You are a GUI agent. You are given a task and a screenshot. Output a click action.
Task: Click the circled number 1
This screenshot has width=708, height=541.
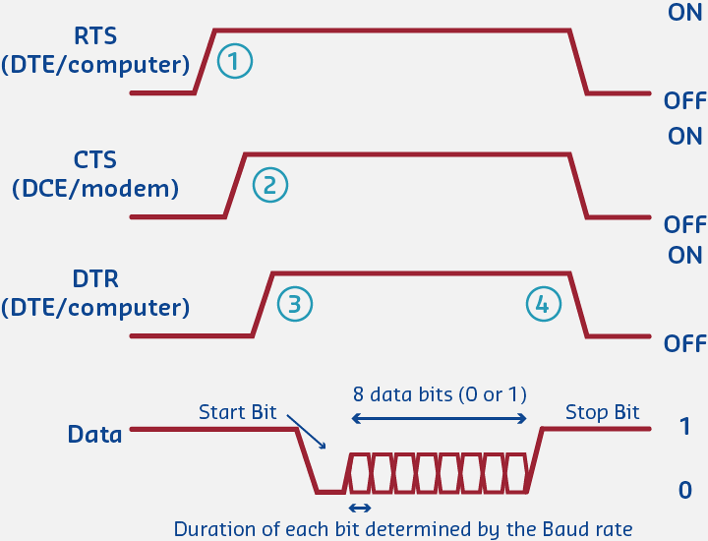(234, 60)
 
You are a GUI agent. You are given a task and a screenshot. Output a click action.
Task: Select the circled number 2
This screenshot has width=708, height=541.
(269, 183)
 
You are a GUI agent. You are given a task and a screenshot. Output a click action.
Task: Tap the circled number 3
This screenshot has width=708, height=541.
(294, 304)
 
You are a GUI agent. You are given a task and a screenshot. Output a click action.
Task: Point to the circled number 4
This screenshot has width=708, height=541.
(542, 304)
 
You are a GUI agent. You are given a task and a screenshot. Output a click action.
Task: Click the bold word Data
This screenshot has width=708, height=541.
(94, 434)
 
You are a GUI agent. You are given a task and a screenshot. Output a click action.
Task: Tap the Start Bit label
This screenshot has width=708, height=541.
(238, 411)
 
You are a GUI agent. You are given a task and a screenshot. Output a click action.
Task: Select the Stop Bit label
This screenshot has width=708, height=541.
(602, 412)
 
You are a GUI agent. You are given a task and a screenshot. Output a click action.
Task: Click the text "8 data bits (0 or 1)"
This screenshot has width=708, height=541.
(440, 394)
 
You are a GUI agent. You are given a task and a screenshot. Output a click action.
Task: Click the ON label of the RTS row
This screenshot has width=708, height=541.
(684, 13)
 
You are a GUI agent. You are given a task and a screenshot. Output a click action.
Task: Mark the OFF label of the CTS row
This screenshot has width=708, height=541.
(684, 224)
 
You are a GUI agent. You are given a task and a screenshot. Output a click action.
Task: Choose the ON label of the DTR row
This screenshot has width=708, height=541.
(684, 255)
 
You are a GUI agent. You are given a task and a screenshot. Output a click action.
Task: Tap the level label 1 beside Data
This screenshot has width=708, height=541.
(684, 427)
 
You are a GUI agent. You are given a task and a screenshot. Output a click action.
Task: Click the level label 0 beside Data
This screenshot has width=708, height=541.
(684, 489)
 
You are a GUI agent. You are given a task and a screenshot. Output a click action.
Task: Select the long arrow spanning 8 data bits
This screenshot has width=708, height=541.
(440, 419)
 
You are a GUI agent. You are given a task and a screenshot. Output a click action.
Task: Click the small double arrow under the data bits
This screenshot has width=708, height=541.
(360, 508)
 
